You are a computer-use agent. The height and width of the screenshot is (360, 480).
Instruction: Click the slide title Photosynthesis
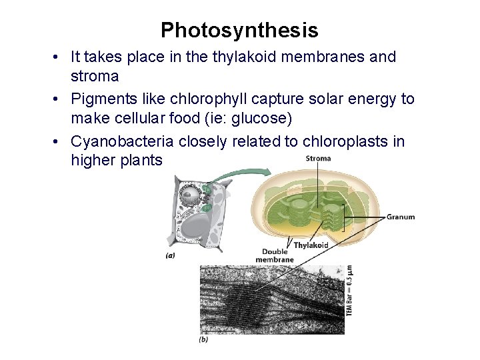point(239,30)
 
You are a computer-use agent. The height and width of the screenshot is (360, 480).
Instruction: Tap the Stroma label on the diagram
point(318,159)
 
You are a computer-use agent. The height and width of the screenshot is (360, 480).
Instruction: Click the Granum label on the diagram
point(400,217)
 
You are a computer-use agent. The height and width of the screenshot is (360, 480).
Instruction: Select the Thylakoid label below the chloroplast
point(311,245)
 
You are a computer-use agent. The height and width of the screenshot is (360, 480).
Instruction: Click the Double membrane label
point(274,256)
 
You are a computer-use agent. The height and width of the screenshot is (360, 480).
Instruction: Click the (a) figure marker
point(171,255)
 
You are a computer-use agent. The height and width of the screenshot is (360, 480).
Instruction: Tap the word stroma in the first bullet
point(95,76)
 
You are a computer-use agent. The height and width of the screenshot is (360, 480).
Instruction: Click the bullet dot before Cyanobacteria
point(60,142)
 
